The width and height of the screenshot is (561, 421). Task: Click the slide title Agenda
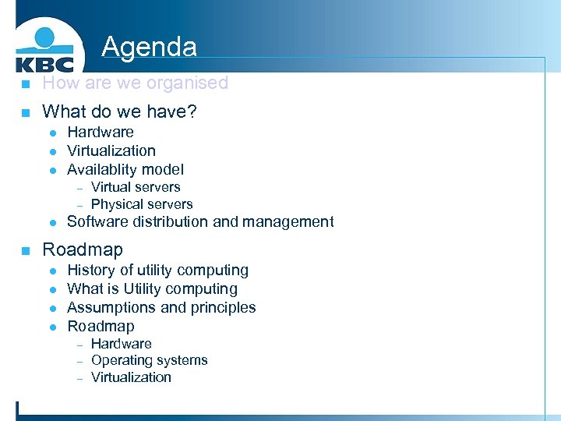(149, 47)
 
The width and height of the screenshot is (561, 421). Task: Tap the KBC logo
(44, 51)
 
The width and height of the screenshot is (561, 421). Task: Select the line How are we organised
(135, 83)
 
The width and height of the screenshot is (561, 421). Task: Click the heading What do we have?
(119, 112)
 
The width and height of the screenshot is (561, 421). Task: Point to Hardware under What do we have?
(100, 133)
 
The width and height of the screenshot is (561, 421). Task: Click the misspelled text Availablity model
(125, 169)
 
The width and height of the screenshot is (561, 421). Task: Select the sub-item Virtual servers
(136, 187)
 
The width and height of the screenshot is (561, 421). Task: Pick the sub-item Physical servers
(142, 204)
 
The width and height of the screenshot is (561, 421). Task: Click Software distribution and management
(200, 222)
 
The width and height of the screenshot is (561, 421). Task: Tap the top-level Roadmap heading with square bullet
(83, 249)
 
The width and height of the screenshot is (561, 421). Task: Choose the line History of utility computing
(158, 271)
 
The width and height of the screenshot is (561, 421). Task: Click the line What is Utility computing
(153, 289)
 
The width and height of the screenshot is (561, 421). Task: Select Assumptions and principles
(161, 308)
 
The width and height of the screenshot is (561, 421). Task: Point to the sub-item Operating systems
(150, 360)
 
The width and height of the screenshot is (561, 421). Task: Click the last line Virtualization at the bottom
(131, 377)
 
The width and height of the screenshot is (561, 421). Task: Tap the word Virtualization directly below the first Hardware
(111, 150)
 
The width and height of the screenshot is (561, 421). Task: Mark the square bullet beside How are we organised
(25, 84)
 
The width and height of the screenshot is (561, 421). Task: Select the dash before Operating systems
(79, 361)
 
